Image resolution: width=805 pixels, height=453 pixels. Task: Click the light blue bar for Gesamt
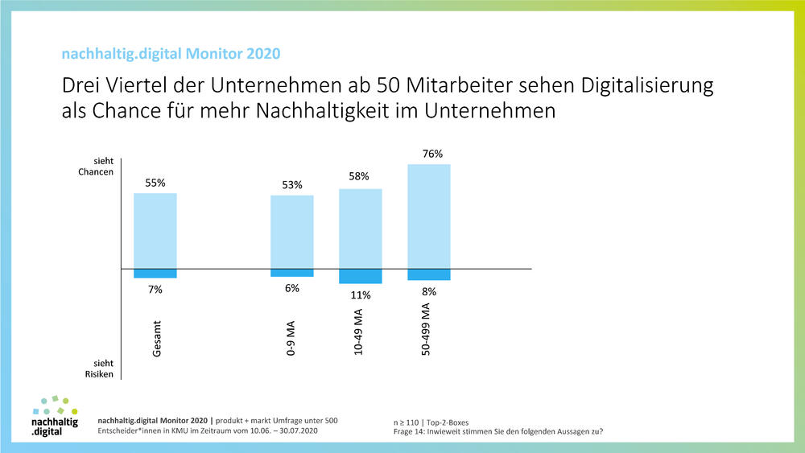155,230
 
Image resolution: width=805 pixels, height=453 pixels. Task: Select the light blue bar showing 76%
429,216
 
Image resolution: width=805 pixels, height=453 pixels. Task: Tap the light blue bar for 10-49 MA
360,229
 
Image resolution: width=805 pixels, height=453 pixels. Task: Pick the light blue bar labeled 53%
291,232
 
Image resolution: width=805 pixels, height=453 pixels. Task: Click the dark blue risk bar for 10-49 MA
360,276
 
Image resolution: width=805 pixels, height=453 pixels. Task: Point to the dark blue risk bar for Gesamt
155,274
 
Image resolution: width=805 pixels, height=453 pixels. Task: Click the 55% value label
155,183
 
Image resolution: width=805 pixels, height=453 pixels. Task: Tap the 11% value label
360,295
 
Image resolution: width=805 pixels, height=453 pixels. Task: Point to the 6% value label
291,288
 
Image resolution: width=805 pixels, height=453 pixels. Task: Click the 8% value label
429,292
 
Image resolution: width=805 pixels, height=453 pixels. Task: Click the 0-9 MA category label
291,338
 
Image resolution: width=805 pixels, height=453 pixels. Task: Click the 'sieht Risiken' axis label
101,369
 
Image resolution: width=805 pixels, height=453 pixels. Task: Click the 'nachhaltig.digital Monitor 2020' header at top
171,55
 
